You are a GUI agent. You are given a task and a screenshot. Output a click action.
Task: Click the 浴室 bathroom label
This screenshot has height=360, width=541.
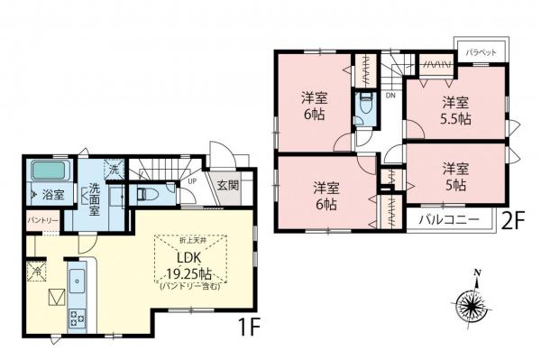tap(52, 194)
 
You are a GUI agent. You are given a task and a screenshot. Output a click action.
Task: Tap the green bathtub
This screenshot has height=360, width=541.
tap(51, 171)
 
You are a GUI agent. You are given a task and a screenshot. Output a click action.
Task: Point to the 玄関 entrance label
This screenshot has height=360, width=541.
tap(227, 187)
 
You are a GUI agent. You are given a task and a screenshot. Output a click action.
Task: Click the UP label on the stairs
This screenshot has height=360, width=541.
tap(192, 180)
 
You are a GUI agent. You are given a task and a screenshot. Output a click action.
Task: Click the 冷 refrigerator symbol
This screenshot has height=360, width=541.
tap(38, 270)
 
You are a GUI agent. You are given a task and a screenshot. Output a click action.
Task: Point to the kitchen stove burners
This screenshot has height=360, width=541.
tap(76, 317)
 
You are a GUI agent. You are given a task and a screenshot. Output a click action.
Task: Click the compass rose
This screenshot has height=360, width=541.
tap(473, 300)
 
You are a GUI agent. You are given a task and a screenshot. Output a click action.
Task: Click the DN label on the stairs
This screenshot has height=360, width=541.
tap(390, 95)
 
